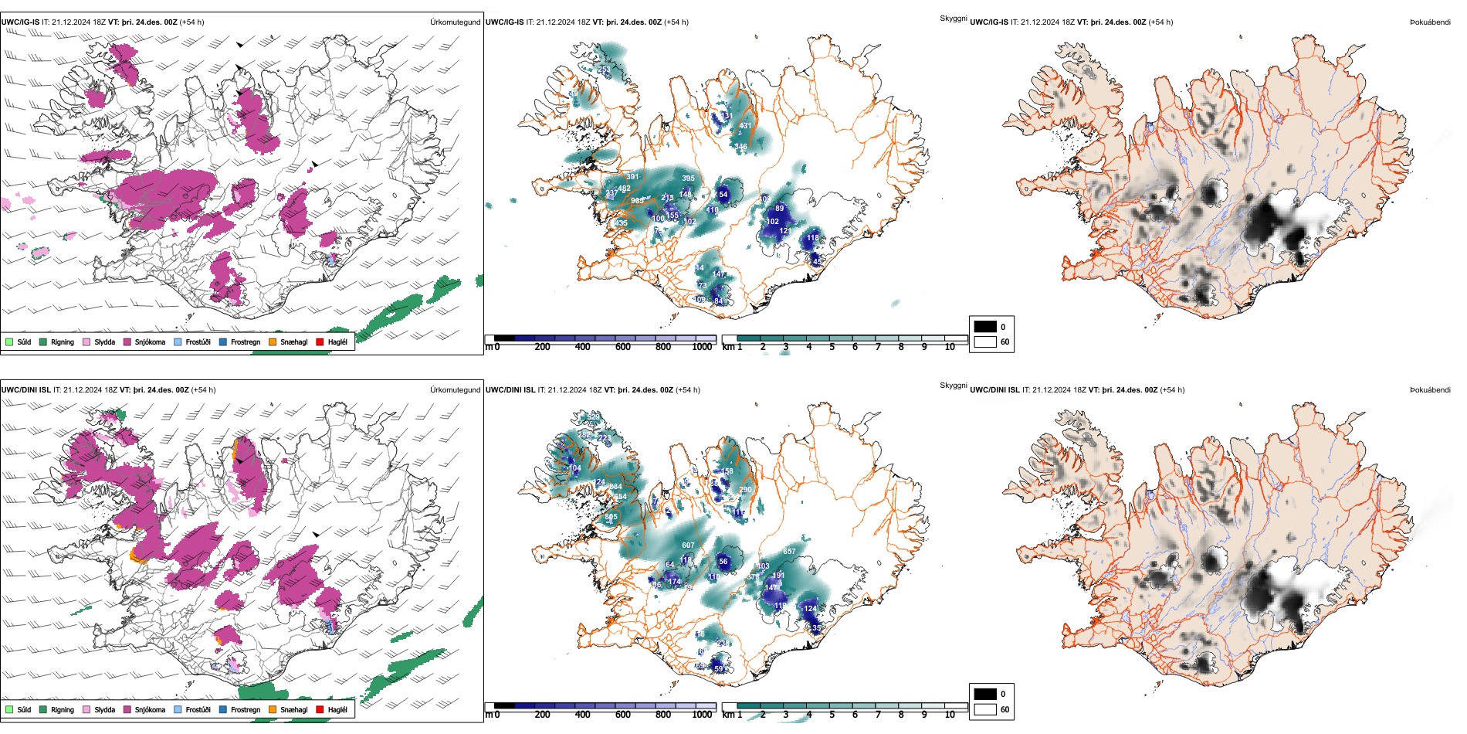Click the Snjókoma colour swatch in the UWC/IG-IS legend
coord(127,342)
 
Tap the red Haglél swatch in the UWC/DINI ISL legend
coord(320,709)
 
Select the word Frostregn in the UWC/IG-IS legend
coord(246,342)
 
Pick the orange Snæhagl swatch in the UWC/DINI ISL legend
coord(273,709)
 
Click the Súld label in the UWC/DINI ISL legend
coord(24,709)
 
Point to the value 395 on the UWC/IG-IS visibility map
coord(688,178)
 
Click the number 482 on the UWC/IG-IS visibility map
coord(624,189)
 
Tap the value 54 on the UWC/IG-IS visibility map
coord(723,195)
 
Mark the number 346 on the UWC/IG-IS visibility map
coord(740,147)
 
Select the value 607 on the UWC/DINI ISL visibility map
coord(688,545)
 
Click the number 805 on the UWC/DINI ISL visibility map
coord(611,517)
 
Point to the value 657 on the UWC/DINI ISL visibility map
coord(789,552)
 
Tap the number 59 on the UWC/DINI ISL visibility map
coord(719,669)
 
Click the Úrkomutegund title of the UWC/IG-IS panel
coord(455,22)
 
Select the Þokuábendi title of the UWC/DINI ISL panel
coord(1430,390)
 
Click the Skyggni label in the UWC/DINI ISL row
coord(953,386)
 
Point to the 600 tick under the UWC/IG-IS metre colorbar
coord(622,348)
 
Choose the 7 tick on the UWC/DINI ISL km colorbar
coord(878,715)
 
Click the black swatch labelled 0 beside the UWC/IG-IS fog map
coord(985,327)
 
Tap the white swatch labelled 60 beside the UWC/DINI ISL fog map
coord(985,709)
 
